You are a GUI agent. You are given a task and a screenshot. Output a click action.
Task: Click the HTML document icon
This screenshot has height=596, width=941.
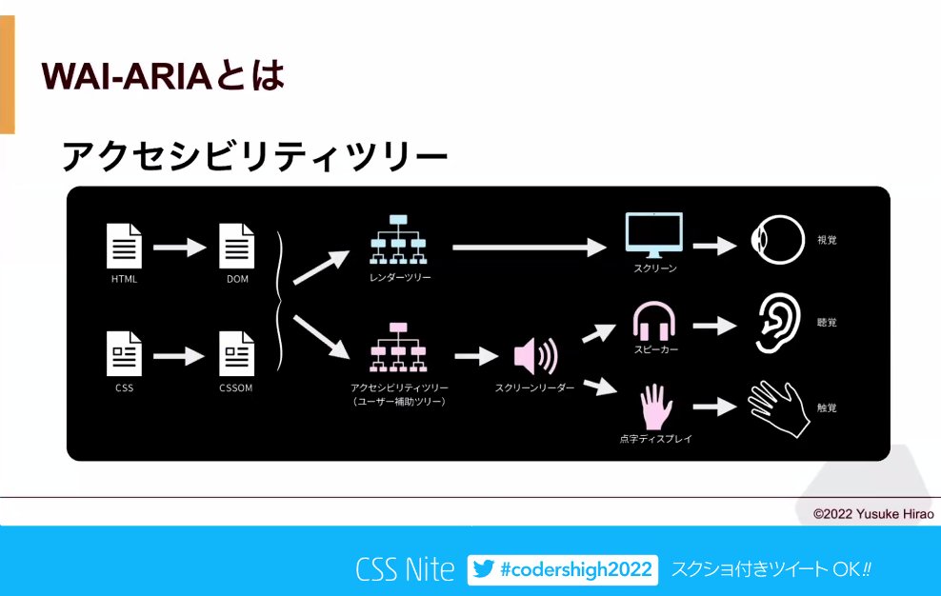pyautogui.click(x=125, y=246)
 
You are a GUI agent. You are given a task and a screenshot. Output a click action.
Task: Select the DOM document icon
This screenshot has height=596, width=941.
pyautogui.click(x=237, y=246)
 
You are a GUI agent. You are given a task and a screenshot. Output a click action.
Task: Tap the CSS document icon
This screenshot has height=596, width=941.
pyautogui.click(x=125, y=354)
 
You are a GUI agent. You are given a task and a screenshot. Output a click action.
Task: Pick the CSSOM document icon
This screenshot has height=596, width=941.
pyautogui.click(x=237, y=354)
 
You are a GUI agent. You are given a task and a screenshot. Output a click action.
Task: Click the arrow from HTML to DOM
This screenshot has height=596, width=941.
pyautogui.click(x=180, y=248)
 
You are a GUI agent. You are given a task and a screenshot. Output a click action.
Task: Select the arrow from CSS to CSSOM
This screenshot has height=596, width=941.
pyautogui.click(x=180, y=356)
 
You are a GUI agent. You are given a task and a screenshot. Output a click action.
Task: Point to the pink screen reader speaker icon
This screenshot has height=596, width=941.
pyautogui.click(x=535, y=357)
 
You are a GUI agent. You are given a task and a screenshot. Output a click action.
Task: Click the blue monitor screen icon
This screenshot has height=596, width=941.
pyautogui.click(x=654, y=235)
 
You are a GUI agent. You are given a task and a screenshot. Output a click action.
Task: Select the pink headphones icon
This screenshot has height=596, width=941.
pyautogui.click(x=654, y=322)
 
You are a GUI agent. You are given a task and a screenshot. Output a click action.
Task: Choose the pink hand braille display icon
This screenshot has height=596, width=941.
pyautogui.click(x=654, y=407)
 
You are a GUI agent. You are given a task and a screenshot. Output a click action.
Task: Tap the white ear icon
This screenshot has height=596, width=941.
pyautogui.click(x=775, y=323)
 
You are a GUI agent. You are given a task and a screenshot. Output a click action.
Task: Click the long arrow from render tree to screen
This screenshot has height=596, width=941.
pyautogui.click(x=529, y=248)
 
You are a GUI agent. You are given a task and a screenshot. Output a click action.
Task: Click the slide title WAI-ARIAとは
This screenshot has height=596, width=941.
pyautogui.click(x=163, y=76)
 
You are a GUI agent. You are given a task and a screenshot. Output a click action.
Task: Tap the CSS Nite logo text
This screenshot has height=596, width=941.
pyautogui.click(x=405, y=569)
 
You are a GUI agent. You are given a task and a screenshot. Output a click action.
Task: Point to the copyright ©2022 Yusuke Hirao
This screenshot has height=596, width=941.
pyautogui.click(x=871, y=514)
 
